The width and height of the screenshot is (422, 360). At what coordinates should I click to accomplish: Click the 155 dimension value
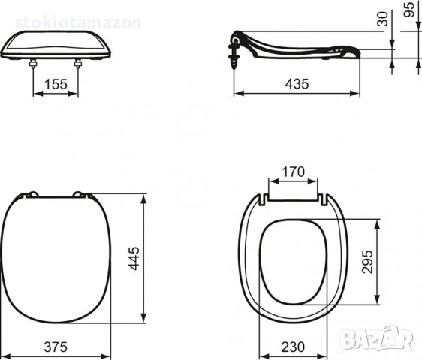56,84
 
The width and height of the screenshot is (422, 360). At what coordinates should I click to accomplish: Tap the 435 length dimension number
297,84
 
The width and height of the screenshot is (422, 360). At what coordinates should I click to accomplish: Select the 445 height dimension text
134,258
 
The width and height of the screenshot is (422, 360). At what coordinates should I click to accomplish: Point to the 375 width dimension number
56,346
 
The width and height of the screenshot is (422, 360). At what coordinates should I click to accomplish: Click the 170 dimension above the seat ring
294,172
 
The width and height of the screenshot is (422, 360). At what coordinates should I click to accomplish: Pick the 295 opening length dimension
367,262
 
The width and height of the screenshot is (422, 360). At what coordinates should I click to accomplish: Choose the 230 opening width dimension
293,346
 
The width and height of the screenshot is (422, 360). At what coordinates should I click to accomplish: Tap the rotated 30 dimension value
382,19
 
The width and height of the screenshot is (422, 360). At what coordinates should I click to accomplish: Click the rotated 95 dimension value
409,10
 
